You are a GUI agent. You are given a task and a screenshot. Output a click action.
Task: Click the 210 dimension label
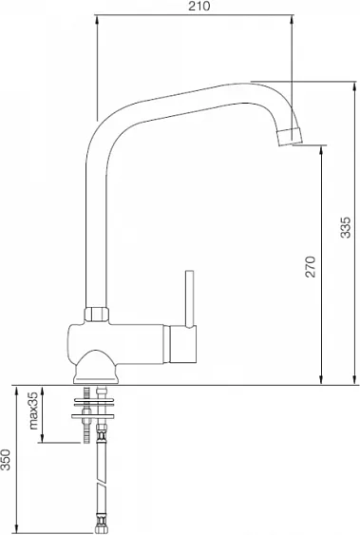click(x=199, y=6)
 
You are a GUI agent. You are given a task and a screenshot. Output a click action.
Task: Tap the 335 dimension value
click(x=345, y=227)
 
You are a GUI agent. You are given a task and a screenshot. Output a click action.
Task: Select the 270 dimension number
click(x=311, y=266)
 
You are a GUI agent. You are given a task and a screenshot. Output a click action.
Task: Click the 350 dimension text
click(x=6, y=460)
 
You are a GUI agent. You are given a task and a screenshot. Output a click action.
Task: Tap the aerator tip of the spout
click(x=290, y=137)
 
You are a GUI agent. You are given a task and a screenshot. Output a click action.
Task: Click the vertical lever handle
click(x=190, y=299)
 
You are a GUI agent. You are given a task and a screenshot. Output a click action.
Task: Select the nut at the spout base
click(x=97, y=315)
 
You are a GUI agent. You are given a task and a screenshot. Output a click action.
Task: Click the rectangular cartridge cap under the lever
click(x=183, y=343)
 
